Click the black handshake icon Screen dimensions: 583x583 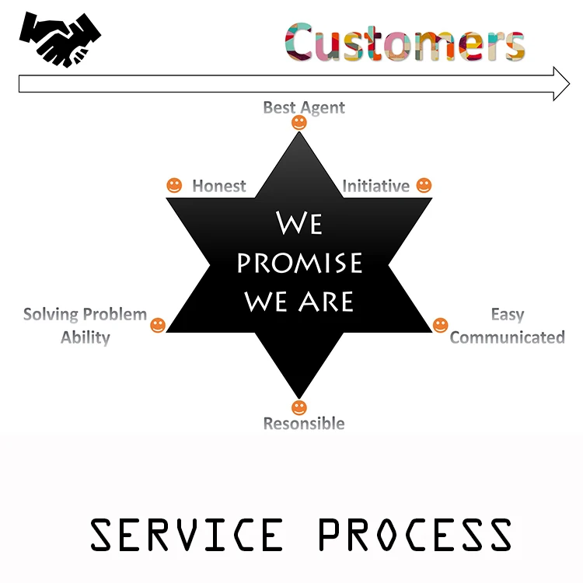point(60,39)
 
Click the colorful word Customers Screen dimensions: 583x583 point(405,42)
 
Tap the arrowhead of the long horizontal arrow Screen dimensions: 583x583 point(561,84)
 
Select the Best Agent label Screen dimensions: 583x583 point(304,107)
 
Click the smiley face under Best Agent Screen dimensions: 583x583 point(299,123)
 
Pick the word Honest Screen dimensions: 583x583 point(218,187)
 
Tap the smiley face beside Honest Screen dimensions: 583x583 point(174,186)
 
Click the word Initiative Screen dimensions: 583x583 point(375,187)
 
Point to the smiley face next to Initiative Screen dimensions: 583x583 point(424,186)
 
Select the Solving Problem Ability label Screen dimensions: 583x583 point(85,326)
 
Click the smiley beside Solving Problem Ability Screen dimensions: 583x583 point(158,325)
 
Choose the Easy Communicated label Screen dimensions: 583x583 point(507,326)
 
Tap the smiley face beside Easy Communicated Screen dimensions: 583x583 point(440,325)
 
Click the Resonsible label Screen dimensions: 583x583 point(303,424)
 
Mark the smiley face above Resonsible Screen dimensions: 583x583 point(299,408)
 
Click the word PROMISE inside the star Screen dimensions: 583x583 point(299,263)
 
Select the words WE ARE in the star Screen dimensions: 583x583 point(299,301)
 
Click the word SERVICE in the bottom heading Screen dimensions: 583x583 point(187,535)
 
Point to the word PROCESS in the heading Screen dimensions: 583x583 point(414,535)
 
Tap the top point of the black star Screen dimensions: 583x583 point(299,138)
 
